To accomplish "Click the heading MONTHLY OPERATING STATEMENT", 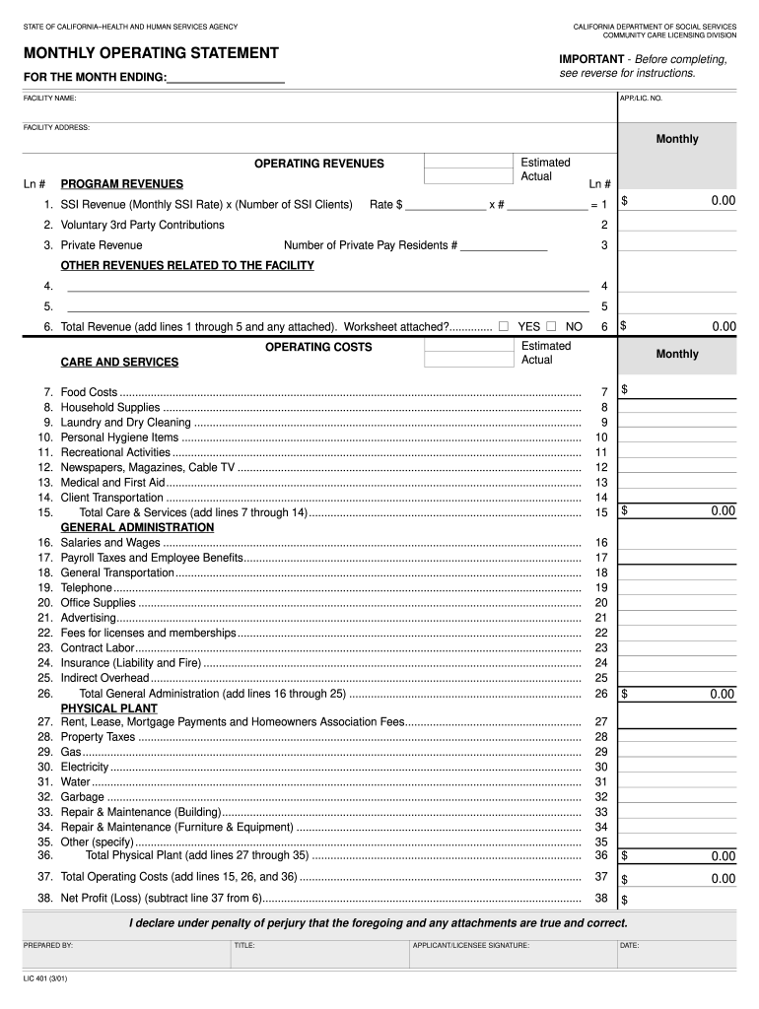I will [151, 53].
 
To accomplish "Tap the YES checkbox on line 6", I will [504, 326].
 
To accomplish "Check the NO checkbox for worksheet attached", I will [551, 326].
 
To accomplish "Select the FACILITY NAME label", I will [50, 99].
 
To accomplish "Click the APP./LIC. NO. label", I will [642, 99].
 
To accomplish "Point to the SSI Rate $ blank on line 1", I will [446, 205].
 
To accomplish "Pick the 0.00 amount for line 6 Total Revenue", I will [724, 326].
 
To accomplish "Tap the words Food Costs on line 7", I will [89, 392].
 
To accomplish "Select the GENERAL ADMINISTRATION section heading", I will [137, 528].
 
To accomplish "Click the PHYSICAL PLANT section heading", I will [108, 708].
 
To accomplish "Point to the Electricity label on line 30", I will [85, 767].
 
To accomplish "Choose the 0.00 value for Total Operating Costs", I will [724, 879].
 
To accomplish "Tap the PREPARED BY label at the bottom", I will [48, 946].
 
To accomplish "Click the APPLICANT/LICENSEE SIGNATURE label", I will [471, 946].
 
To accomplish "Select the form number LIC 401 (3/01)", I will [46, 979].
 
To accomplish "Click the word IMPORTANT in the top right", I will [591, 60].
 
